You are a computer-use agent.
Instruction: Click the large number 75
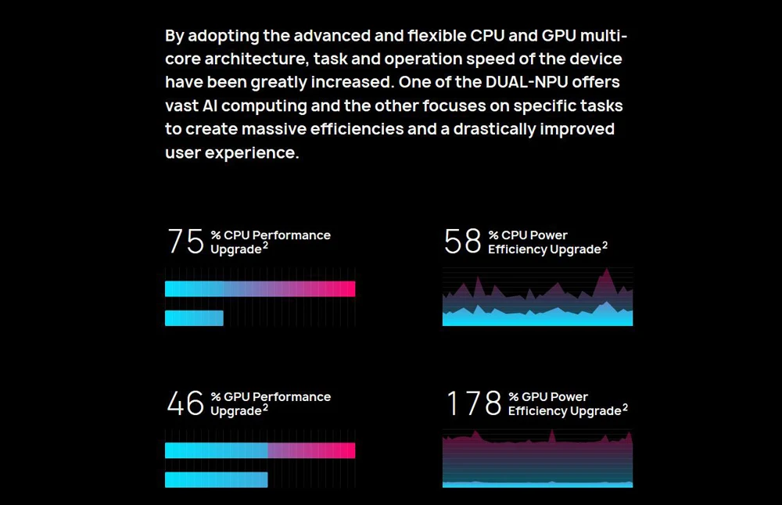[185, 242]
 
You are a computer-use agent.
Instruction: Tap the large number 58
[462, 242]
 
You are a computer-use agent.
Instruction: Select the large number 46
[185, 403]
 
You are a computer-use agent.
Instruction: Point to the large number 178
[473, 403]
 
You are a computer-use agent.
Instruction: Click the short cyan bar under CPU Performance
[194, 318]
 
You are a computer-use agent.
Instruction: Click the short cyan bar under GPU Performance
[217, 479]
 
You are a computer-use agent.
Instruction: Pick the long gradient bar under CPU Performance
[260, 289]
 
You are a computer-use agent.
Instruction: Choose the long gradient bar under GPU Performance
[260, 450]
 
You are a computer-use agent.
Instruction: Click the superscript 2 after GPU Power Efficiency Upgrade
[625, 407]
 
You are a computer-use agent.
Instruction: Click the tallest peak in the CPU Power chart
[605, 271]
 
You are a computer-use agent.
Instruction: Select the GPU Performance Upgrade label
[271, 403]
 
